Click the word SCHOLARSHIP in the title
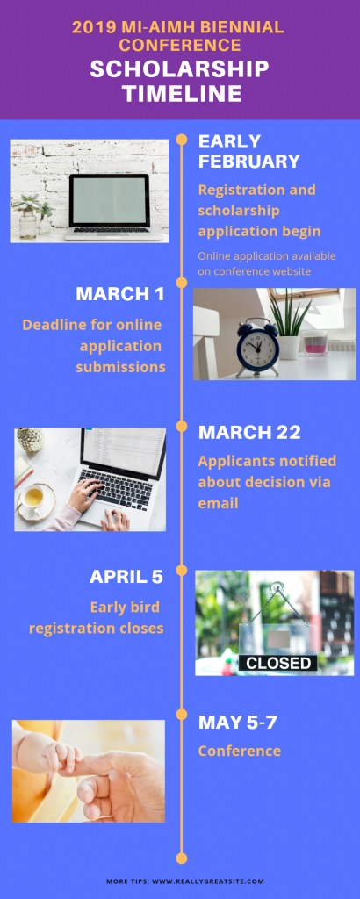click(179, 69)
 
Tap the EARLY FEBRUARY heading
click(248, 151)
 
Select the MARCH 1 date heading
click(119, 294)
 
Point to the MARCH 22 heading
click(249, 432)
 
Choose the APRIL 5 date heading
click(126, 577)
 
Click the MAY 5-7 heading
click(237, 723)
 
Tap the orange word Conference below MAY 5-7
click(240, 751)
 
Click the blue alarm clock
click(257, 348)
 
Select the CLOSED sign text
click(278, 663)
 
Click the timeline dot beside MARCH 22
click(182, 427)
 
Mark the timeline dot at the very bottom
click(182, 859)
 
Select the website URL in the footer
click(207, 881)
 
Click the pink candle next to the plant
click(314, 343)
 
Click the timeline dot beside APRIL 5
click(182, 571)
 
